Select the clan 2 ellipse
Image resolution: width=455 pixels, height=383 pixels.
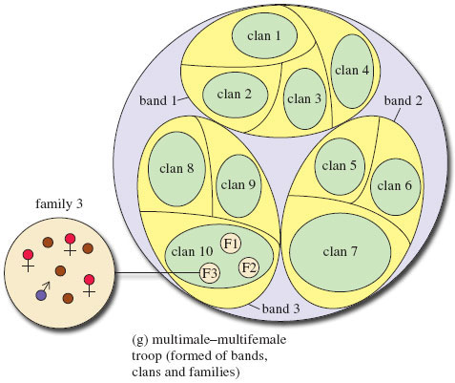[x=235, y=94]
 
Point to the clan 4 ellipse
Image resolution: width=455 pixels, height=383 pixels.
[x=352, y=70]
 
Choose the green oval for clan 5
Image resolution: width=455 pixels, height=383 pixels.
[x=340, y=165]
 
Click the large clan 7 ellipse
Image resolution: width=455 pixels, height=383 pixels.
[x=340, y=251]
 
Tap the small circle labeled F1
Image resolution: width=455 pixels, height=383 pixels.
[x=231, y=243]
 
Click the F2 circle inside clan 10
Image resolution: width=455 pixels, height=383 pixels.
[x=249, y=266]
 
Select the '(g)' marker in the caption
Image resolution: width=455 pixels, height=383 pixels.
[x=140, y=338]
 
